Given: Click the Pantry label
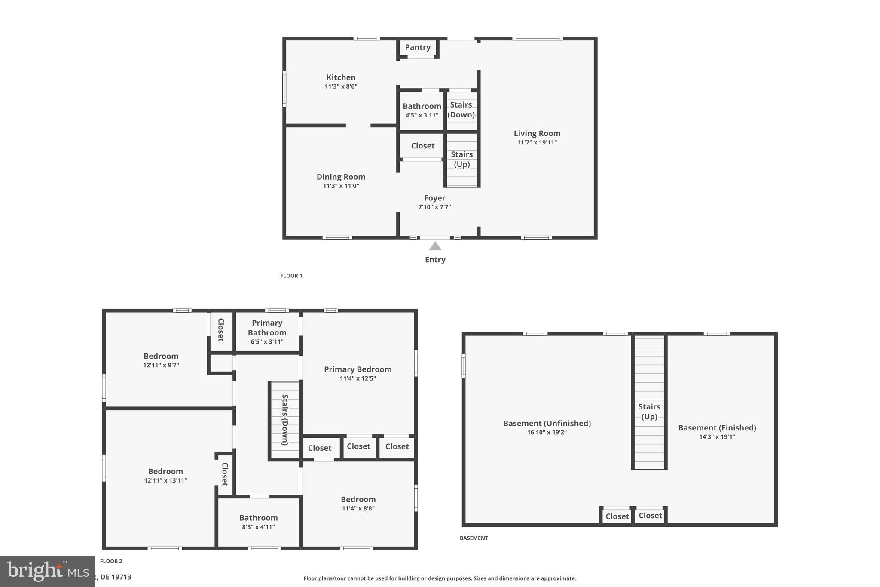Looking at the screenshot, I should coord(417,47).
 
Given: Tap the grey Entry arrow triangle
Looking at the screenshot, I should coord(435,246).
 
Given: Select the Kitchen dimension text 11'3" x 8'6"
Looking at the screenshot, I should coord(341,86).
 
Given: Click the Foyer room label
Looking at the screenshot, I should coord(434,198).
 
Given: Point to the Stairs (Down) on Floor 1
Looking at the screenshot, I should coord(461,110).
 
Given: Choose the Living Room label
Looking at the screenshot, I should coord(537,133).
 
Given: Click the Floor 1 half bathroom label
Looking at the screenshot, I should coord(422,106).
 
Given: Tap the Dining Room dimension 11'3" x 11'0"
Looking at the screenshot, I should coord(341,186).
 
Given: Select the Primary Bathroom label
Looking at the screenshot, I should coord(267,328).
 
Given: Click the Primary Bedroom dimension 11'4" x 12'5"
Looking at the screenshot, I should coord(357,378).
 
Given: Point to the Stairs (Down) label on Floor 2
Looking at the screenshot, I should coord(284,419).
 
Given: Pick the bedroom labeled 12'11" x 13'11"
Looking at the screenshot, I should coord(165,471).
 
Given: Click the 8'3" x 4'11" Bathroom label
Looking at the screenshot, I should coord(258,518).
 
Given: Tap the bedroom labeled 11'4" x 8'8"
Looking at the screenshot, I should coord(358,499).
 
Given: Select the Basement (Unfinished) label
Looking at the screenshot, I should coord(547,423).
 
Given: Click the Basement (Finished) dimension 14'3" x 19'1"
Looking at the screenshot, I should coord(717,437).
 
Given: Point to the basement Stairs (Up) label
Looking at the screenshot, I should coord(649,411).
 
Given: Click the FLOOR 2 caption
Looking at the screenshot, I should coord(111,561).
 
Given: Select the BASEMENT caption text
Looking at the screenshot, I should coord(474,538).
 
